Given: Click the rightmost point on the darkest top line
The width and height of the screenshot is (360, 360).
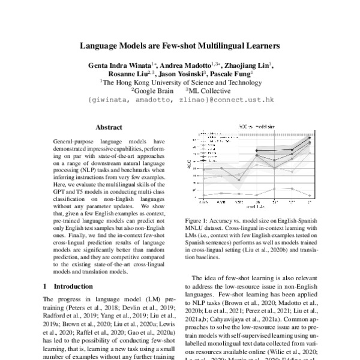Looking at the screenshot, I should pos(310,138).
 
